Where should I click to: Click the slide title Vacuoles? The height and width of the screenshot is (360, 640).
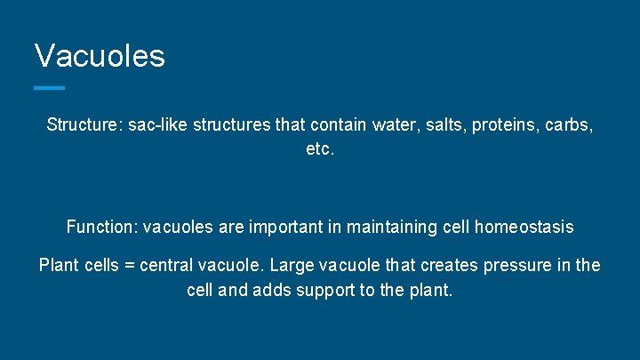100,56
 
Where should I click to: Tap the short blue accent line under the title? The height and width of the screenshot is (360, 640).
50,87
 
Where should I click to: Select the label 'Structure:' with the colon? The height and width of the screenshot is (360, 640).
84,126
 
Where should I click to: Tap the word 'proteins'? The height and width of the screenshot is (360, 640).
498,126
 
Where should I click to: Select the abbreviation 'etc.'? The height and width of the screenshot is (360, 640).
320,150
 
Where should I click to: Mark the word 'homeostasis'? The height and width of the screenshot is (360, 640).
524,228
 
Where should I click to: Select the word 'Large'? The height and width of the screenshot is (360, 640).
292,266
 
